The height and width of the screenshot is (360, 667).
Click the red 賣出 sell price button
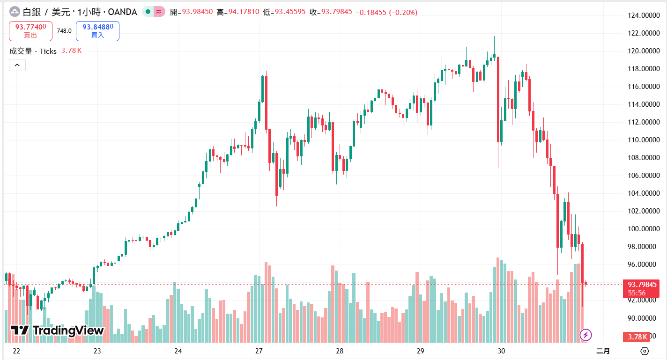[x=30, y=31]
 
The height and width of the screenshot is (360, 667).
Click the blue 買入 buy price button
[x=97, y=31]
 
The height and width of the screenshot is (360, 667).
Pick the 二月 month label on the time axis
[x=603, y=351]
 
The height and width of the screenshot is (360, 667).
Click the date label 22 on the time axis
[x=16, y=351]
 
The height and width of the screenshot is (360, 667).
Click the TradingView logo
[x=57, y=331]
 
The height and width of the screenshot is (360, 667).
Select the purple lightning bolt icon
[x=585, y=335]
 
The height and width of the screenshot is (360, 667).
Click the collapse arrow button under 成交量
[x=17, y=65]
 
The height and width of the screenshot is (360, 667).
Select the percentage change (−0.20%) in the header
[x=403, y=12]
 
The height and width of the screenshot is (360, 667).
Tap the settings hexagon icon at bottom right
[x=645, y=351]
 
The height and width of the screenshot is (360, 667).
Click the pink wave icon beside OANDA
[x=159, y=12]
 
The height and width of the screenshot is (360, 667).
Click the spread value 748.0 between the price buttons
[x=64, y=31]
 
